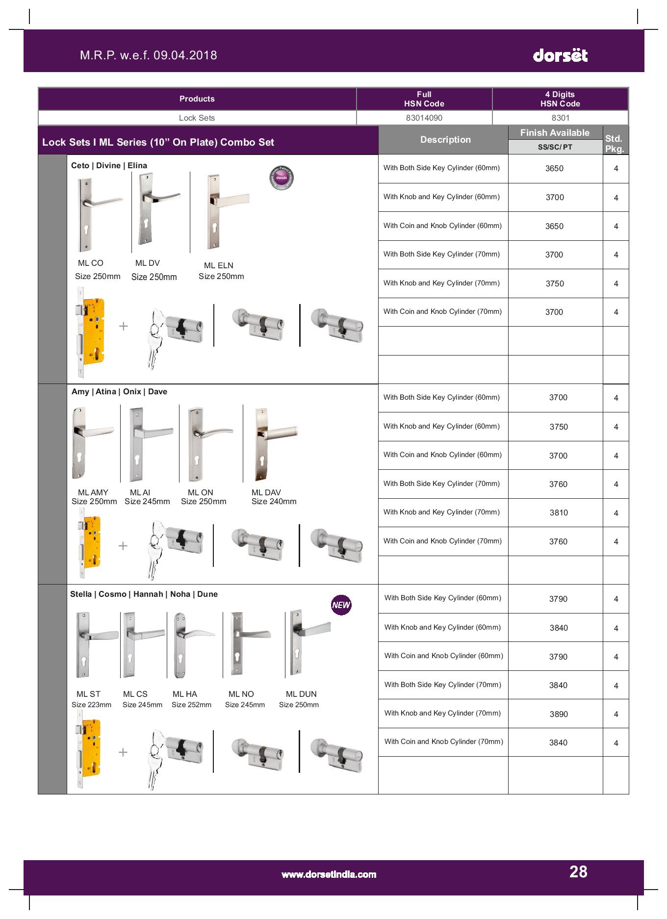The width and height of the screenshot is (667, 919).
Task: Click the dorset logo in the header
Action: (560, 55)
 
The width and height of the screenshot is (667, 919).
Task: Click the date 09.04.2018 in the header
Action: (185, 55)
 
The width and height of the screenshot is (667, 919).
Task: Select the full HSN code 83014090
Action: (424, 118)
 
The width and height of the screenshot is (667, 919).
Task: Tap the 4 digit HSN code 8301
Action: (560, 118)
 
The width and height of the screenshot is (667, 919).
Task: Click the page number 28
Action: (578, 871)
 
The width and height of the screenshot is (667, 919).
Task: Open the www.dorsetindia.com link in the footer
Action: (329, 874)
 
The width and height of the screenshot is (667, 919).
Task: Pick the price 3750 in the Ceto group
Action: (555, 283)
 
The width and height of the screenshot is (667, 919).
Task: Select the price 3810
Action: (559, 512)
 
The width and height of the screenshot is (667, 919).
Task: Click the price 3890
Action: (559, 714)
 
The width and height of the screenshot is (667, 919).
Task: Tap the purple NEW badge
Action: (341, 605)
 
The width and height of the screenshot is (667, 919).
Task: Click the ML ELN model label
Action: (218, 265)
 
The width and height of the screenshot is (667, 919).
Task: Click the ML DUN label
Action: (301, 694)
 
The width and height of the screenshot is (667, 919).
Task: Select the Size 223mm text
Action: (91, 705)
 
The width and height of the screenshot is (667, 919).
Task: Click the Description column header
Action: (445, 140)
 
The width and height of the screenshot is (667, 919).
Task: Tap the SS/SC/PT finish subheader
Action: (555, 147)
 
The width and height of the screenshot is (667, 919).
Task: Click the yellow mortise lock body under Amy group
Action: (92, 542)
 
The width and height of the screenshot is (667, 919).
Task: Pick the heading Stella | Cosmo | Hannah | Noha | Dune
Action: (144, 594)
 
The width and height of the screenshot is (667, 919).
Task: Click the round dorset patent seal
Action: (282, 177)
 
